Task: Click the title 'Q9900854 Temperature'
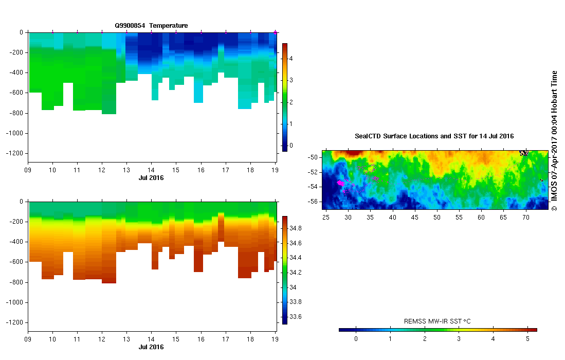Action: pyautogui.click(x=151, y=25)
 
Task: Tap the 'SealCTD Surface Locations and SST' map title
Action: pyautogui.click(x=434, y=136)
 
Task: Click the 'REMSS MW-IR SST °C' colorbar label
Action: pyautogui.click(x=438, y=321)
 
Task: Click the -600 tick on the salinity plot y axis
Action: pyautogui.click(x=16, y=262)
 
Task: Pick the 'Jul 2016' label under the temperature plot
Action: pyautogui.click(x=151, y=177)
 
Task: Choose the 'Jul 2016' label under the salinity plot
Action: pyautogui.click(x=151, y=347)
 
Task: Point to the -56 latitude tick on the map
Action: pyautogui.click(x=314, y=201)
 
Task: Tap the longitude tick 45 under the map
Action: pyautogui.click(x=415, y=218)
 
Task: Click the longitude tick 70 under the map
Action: pyautogui.click(x=525, y=218)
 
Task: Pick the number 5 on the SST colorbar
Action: pyautogui.click(x=527, y=339)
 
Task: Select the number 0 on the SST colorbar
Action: pyautogui.click(x=356, y=339)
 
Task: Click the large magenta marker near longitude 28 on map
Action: pyautogui.click(x=339, y=183)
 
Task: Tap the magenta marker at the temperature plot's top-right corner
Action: pyautogui.click(x=276, y=32)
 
